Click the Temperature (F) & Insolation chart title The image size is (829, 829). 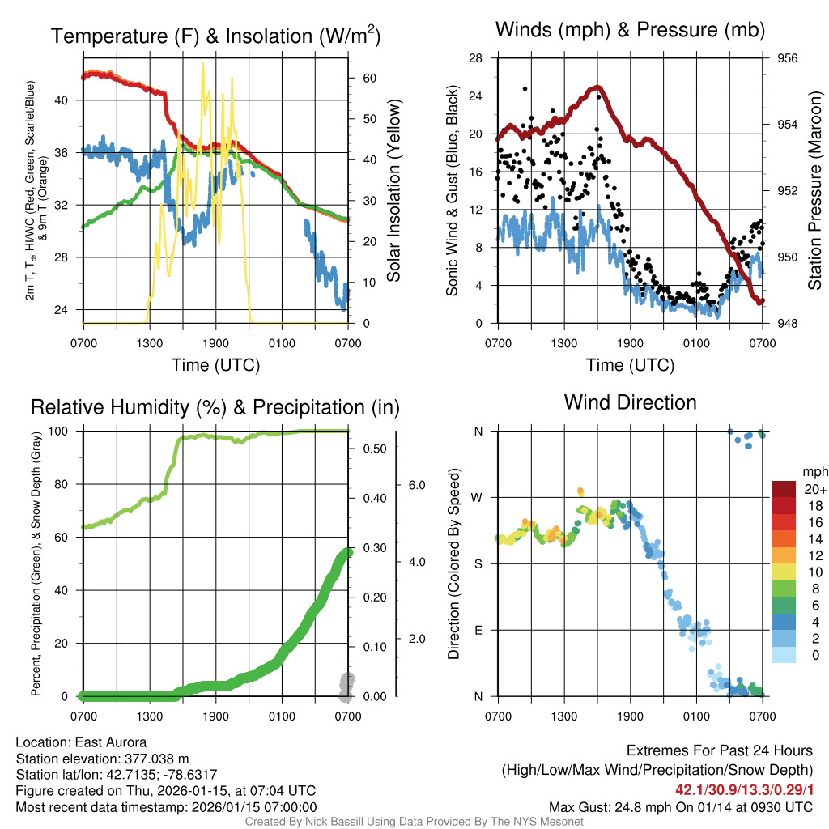point(216,36)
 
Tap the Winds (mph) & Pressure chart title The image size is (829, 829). point(631,30)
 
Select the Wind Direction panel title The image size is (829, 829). point(630,402)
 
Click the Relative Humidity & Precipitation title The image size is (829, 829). point(215,407)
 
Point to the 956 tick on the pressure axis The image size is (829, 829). point(788,58)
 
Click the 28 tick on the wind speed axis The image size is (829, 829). point(476,58)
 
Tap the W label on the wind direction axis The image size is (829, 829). point(478,497)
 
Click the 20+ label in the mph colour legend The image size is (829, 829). point(814,490)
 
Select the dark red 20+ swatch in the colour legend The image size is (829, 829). point(784,489)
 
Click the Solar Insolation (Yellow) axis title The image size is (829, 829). point(394,191)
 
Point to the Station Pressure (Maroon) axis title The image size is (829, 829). point(815,191)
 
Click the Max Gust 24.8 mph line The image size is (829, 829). point(680,807)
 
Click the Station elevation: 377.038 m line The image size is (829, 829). point(102,759)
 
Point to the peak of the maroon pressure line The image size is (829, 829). point(597,87)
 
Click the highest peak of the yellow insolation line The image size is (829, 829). point(202,62)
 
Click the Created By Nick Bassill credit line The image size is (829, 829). point(414,822)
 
